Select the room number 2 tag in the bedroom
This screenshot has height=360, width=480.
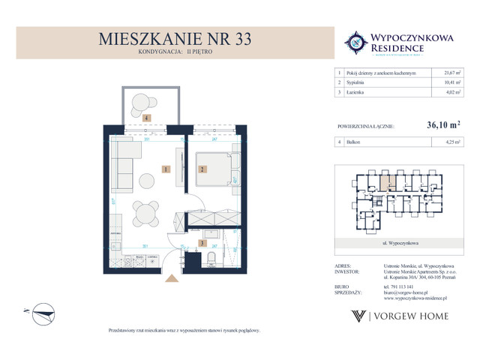click(x=202, y=169)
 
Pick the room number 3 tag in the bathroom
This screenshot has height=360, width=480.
click(x=202, y=244)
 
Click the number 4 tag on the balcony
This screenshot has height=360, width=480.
click(x=147, y=118)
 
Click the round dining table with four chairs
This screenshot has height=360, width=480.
click(x=144, y=213)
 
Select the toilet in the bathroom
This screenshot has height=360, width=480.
click(x=213, y=259)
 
